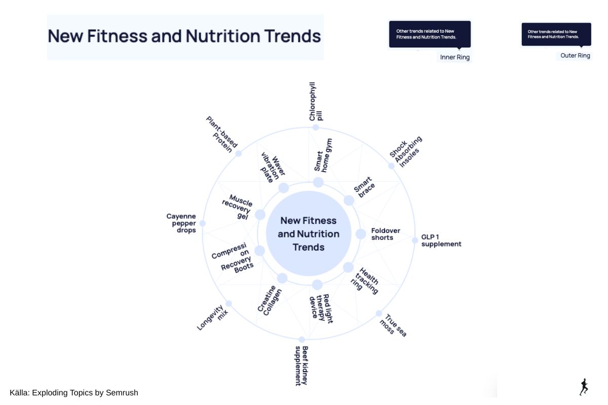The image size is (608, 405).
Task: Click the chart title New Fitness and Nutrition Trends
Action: pos(184,36)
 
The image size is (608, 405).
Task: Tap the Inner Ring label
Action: pos(454,58)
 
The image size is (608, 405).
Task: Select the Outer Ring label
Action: pos(575,56)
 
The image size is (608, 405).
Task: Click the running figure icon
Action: pos(584,387)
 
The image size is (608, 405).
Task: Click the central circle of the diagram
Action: pos(309,233)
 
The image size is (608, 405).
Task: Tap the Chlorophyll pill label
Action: pos(316,101)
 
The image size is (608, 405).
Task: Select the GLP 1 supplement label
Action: pos(441,240)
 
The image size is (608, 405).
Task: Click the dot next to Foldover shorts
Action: pos(361,234)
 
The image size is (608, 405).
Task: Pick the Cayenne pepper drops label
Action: pos(181,223)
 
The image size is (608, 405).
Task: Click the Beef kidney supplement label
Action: pos(301,366)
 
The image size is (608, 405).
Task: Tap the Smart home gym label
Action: pos(323,156)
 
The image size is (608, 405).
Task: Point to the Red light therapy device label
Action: pos(321,308)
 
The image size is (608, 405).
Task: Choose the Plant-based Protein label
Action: pos(222,135)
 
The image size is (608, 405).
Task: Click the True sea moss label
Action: pos(393,326)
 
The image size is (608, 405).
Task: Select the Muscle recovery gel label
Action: pos(237,207)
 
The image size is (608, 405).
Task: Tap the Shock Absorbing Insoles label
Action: pos(406,152)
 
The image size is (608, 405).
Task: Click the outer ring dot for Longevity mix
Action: pos(229,304)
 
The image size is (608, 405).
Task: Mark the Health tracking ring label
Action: pos(364,281)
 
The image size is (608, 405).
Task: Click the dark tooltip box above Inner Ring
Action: pos(430,34)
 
